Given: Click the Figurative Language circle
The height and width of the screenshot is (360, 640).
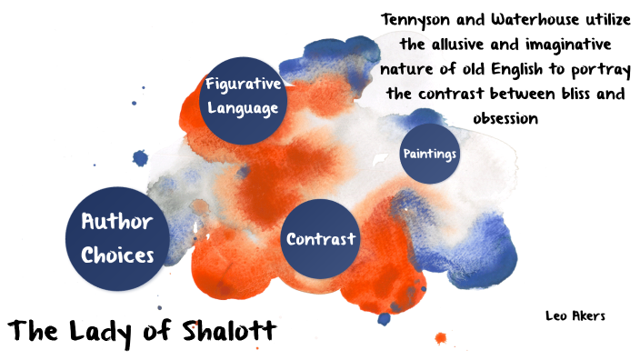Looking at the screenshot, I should coord(241,95).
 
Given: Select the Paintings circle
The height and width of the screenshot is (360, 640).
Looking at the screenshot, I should coord(429,154).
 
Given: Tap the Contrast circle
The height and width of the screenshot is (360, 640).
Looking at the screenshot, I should coord(320,239).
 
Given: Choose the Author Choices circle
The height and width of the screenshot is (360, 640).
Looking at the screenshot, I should coord(117,238).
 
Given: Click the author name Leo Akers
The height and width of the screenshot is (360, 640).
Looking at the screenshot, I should coord(575,315).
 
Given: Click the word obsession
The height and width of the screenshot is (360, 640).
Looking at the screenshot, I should coord(506,118).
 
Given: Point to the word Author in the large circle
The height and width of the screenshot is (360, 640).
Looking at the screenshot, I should coord(117,222).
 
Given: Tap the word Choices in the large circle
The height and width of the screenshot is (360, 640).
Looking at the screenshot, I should coord(117,255).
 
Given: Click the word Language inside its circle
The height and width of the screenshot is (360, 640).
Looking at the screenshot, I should coord(241,107).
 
